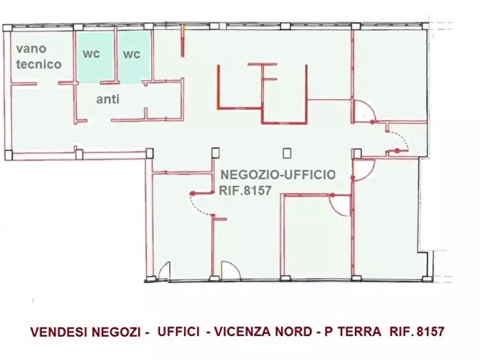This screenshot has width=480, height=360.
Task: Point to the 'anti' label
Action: (x=108, y=99)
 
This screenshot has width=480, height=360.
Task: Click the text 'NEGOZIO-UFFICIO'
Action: (x=278, y=175)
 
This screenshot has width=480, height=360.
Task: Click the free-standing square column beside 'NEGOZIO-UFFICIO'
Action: (x=287, y=153)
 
